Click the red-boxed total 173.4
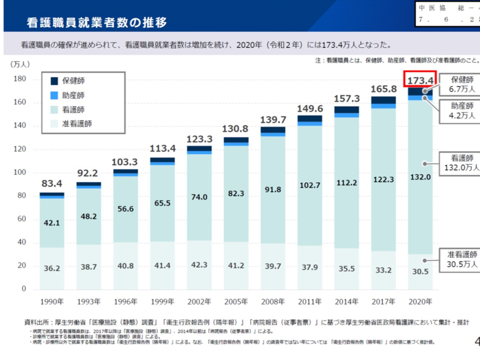pos(420,81)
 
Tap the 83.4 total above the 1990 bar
pos(51,184)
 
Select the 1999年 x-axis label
pos(162,301)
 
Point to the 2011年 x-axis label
pos(309,301)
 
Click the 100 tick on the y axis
pos(20,172)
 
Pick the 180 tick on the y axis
pos(20,79)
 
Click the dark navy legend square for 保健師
pos(54,81)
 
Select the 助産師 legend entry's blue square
pos(54,95)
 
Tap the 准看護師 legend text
pos(77,124)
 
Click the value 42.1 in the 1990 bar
pos(51,222)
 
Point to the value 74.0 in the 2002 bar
pos(199,197)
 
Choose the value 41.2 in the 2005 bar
pos(236,266)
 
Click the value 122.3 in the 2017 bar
pos(383,179)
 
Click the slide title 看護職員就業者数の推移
pos(96,22)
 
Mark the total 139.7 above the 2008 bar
pos(273,119)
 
